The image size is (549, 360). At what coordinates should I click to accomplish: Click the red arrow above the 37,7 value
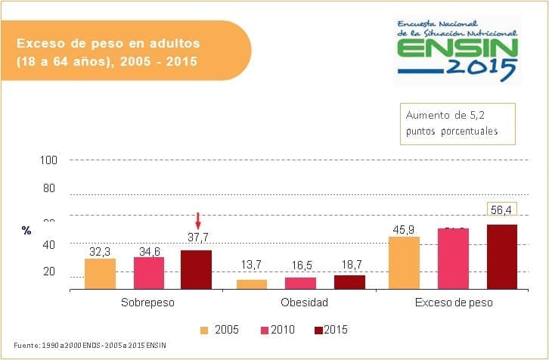[x=197, y=221]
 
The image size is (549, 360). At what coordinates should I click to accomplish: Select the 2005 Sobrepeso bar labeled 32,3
[x=100, y=274]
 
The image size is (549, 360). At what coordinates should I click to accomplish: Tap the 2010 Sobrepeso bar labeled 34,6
[x=149, y=273]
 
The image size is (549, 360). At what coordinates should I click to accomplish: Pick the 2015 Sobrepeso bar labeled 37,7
[x=197, y=270]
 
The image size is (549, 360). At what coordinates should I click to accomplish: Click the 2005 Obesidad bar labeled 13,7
[x=252, y=284]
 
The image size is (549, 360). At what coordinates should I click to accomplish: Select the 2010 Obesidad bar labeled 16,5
[x=300, y=283]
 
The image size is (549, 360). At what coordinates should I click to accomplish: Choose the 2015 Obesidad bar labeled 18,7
[x=349, y=281]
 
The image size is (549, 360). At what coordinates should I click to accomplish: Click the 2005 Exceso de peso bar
[x=403, y=262]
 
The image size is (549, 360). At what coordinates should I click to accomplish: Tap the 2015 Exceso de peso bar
[x=501, y=257]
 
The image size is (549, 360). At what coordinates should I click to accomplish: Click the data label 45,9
[x=402, y=228]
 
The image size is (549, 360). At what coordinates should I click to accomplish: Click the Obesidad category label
[x=304, y=303]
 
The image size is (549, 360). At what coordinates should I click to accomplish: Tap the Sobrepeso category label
[x=147, y=303]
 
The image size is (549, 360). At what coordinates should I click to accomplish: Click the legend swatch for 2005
[x=204, y=330]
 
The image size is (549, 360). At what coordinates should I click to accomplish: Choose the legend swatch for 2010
[x=265, y=330]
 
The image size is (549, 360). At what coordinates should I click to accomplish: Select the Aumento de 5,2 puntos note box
[x=457, y=123]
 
